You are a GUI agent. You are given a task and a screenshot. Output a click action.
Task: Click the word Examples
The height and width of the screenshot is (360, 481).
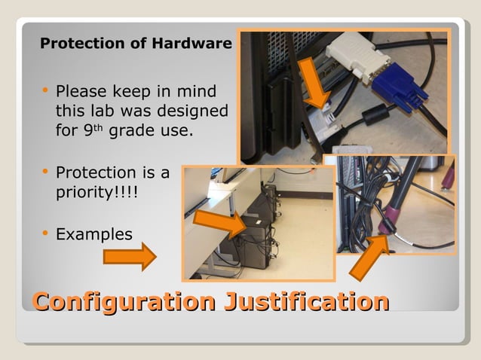click(94, 234)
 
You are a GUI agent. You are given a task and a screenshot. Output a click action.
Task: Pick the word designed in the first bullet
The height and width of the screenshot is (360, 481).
click(192, 111)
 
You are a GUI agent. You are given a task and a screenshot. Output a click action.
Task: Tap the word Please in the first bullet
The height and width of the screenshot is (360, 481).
click(82, 92)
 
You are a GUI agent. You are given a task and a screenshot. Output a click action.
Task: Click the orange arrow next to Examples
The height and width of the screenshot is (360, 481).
click(129, 257)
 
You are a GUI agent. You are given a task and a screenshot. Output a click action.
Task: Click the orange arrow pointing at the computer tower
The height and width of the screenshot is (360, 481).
click(221, 221)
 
